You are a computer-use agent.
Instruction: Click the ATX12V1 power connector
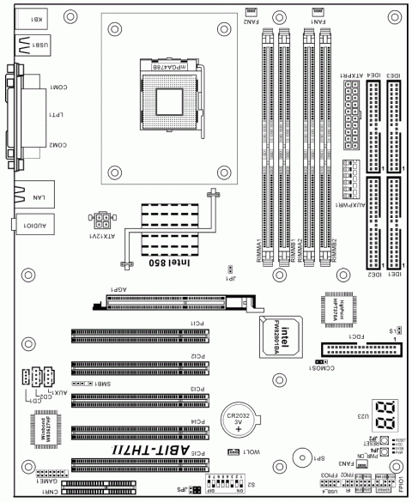(x=102, y=219)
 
